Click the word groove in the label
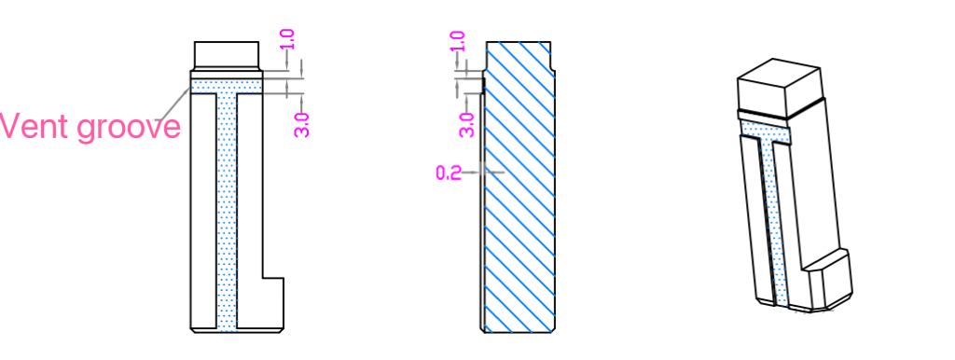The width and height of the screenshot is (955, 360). tap(129, 129)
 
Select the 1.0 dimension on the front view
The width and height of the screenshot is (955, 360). tap(288, 39)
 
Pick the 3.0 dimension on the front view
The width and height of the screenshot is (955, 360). tap(302, 125)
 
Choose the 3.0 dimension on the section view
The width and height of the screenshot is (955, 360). tap(467, 125)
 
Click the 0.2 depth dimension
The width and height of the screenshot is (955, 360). tap(449, 173)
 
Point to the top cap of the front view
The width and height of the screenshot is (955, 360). tap(227, 55)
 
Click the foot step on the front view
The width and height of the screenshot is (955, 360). tap(273, 303)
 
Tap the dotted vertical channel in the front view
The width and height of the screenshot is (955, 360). tap(227, 210)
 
